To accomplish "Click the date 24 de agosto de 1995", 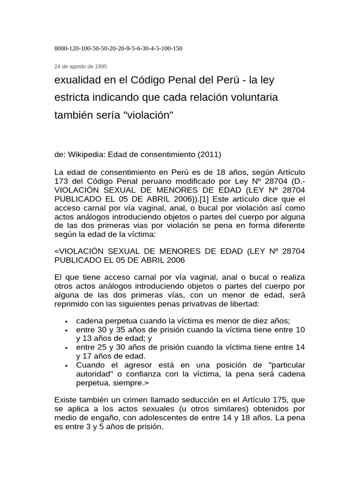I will pyautogui.click(x=81, y=67).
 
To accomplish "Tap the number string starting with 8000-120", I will pyautogui.click(x=119, y=48).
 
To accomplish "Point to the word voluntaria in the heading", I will pyautogui.click(x=254, y=98).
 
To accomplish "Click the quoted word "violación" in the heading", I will pyautogui.click(x=148, y=115).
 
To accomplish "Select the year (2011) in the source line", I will pyautogui.click(x=209, y=154).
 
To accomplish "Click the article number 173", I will pyautogui.click(x=62, y=181).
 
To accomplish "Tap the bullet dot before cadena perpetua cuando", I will pyautogui.click(x=67, y=321).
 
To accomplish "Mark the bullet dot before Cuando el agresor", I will pyautogui.click(x=67, y=365).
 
